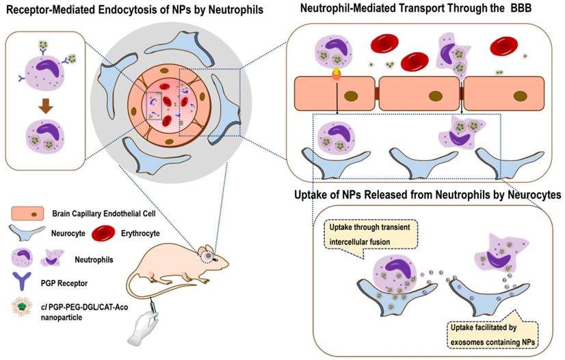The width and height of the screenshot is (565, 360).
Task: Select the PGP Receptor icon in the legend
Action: pos(26,279)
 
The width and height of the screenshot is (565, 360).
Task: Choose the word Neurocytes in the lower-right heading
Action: pos(534,196)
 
